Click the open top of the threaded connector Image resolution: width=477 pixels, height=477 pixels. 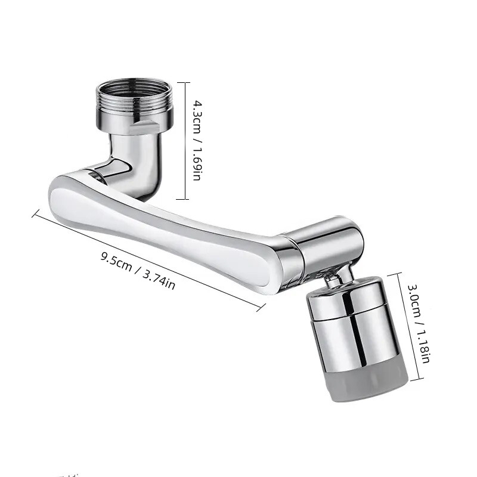[134, 86]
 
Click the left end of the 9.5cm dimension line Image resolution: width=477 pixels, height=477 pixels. [34, 212]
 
